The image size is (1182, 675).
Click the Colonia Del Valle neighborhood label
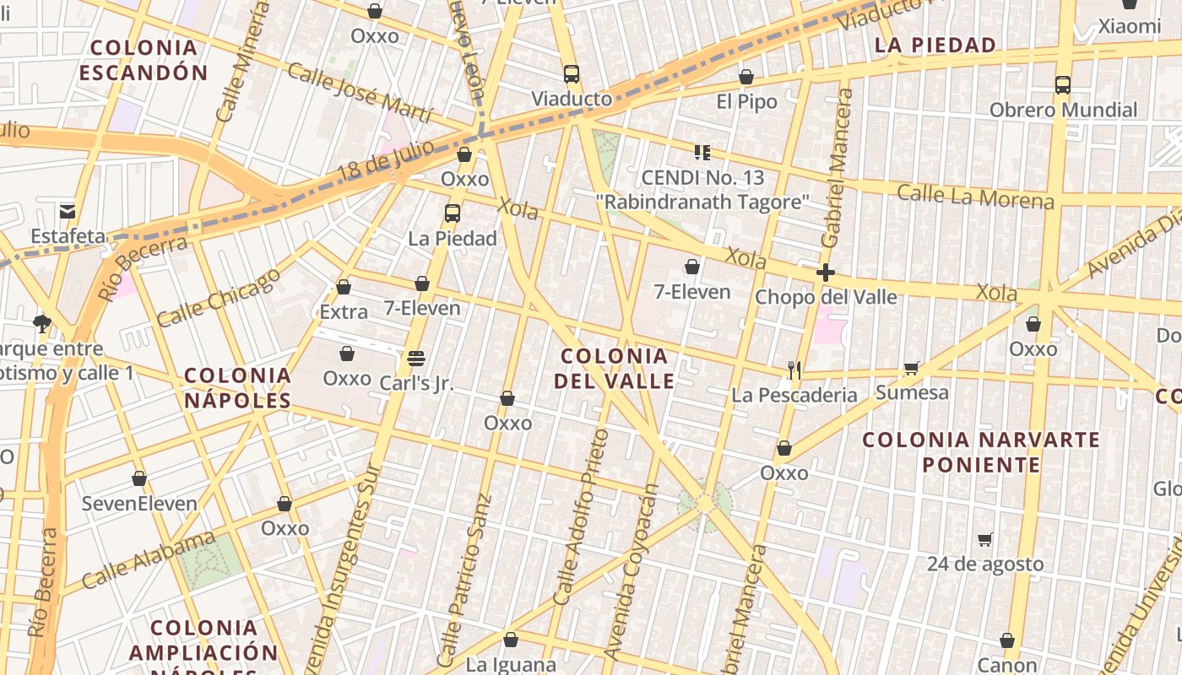point(614,369)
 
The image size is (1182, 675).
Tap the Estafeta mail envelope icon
point(68,211)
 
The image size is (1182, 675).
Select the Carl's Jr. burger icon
point(415,358)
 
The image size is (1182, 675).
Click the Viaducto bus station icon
point(572,74)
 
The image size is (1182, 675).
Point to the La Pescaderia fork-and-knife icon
point(794,370)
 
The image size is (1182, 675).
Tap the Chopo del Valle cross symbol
point(826,273)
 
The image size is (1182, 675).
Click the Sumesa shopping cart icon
point(911,368)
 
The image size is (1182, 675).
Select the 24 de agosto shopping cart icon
point(984,539)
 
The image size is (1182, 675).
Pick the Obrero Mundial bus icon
point(1062,85)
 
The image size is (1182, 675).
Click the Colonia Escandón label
point(144,60)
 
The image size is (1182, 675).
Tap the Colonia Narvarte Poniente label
point(981,452)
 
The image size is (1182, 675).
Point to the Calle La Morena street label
point(975,197)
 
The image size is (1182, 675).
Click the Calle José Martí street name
point(359,92)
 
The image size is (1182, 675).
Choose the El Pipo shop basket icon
point(746,78)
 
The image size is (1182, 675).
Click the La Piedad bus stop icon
point(453,213)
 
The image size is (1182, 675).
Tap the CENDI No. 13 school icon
point(702,153)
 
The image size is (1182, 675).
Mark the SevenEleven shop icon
point(139,479)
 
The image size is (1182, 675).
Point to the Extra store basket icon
point(344,287)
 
